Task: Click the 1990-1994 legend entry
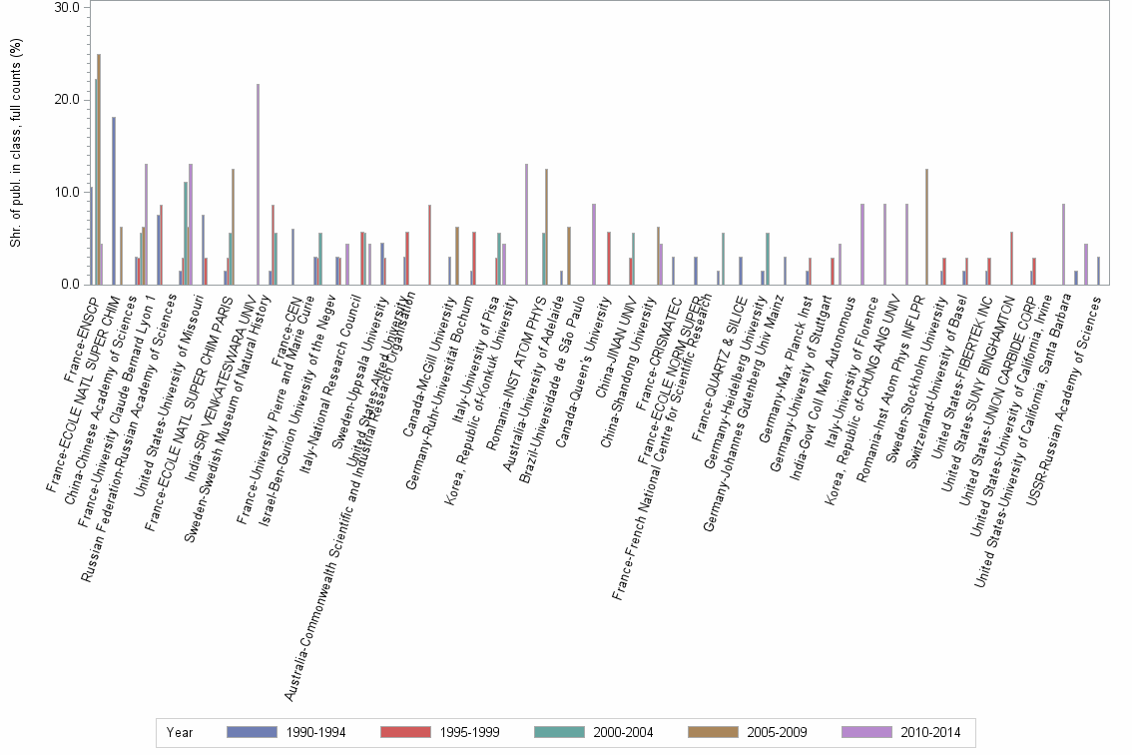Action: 285,733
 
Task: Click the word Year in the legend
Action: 180,733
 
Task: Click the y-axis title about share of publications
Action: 15,145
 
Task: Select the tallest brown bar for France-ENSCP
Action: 99,170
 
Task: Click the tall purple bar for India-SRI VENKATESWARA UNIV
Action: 258,185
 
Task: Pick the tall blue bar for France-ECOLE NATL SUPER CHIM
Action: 114,201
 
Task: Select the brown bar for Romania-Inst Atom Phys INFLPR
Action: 926,227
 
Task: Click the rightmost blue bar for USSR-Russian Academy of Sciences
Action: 1098,271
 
